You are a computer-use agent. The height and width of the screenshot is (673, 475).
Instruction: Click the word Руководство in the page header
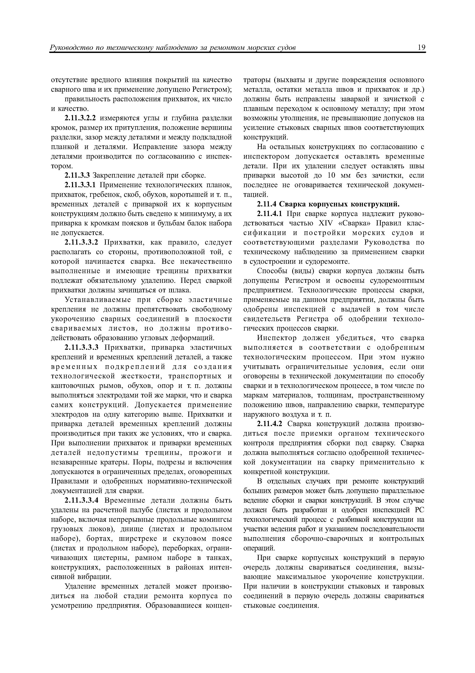(x=69, y=48)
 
